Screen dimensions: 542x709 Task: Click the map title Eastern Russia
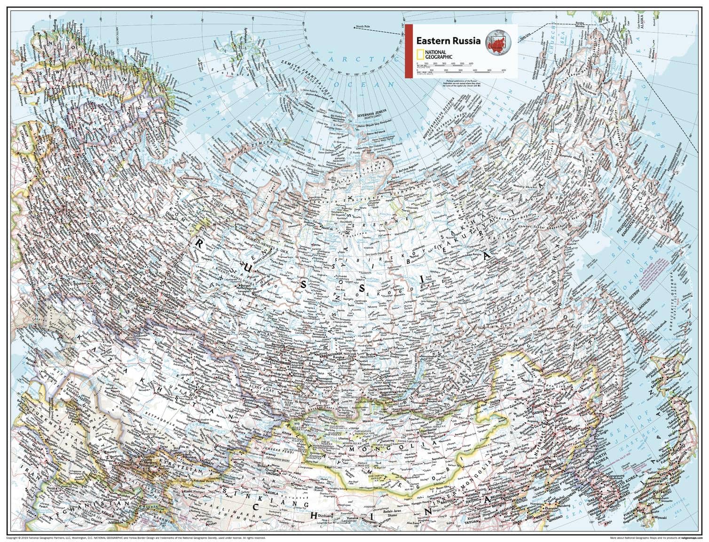tap(447, 40)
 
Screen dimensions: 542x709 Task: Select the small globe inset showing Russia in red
tap(497, 41)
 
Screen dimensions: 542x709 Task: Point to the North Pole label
tap(363, 28)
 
